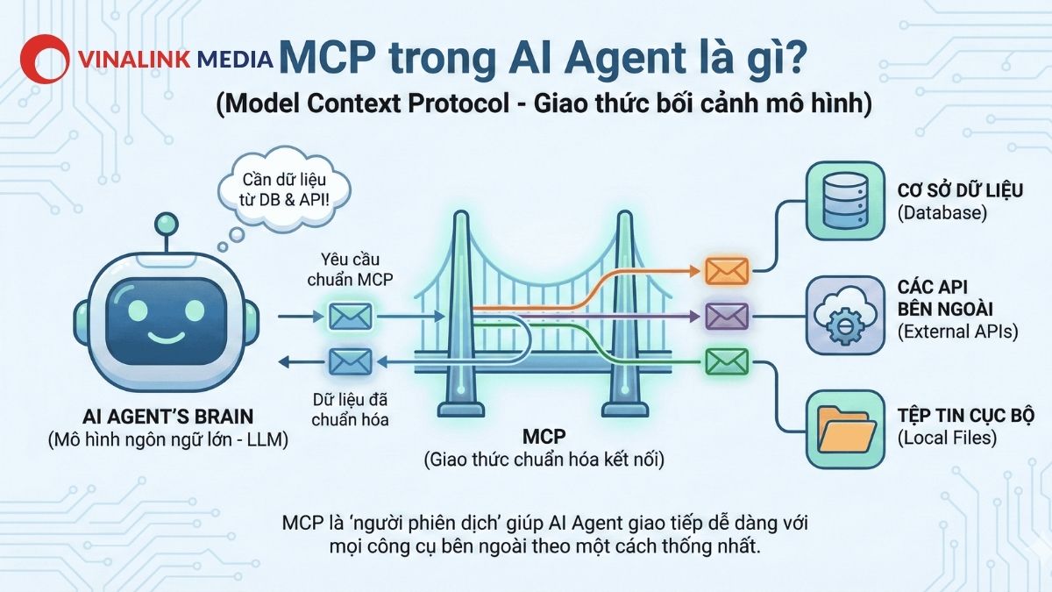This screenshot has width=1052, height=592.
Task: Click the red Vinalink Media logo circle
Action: click(44, 60)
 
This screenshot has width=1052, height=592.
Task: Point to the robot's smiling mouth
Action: click(162, 337)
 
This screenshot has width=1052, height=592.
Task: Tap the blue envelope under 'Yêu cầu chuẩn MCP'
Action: click(351, 315)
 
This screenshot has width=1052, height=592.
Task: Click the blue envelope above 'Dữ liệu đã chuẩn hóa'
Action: click(351, 360)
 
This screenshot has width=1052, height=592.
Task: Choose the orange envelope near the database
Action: click(727, 271)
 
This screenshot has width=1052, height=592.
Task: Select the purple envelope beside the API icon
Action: click(727, 316)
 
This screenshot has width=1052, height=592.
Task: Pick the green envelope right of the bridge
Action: click(727, 360)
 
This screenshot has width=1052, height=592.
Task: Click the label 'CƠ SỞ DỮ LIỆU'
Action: click(960, 190)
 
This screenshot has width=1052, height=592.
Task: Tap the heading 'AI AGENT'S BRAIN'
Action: click(162, 418)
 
